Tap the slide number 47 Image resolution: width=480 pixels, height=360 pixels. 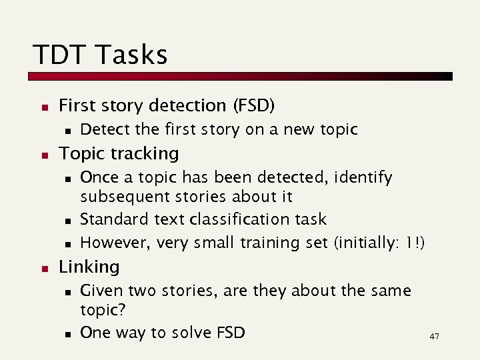point(434,337)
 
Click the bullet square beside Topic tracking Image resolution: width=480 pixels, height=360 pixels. point(43,154)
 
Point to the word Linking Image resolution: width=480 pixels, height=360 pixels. point(89,267)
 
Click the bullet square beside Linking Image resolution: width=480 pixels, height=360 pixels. point(43,267)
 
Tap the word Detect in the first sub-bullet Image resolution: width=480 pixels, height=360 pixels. point(103,129)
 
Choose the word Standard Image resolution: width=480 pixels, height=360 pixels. point(111,219)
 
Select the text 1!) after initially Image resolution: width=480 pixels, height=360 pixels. point(413,243)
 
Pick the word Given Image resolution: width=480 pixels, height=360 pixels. point(101,291)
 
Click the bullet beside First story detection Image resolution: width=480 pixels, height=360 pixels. point(43,106)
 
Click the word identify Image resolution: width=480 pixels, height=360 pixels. point(366,177)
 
